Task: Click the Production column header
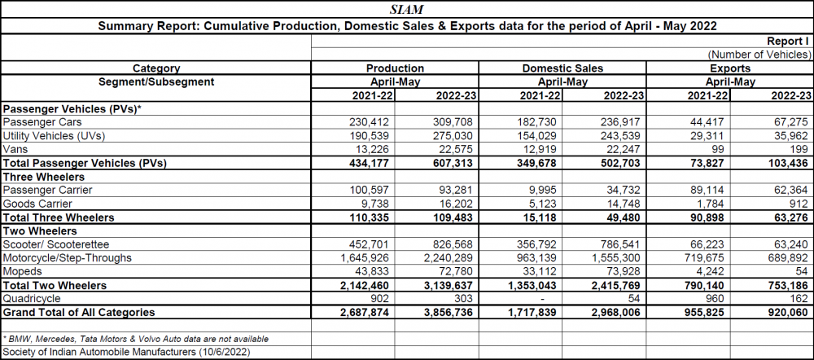point(395,68)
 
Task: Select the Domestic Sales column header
point(562,68)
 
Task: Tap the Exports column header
point(730,68)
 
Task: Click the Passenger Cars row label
point(42,122)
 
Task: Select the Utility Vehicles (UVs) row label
point(54,136)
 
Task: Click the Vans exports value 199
point(800,150)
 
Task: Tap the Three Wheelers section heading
point(44,177)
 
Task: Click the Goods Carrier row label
point(37,204)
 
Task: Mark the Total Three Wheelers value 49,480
point(626,217)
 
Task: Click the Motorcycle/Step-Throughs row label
point(68,257)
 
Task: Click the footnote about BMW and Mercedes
point(136,339)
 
